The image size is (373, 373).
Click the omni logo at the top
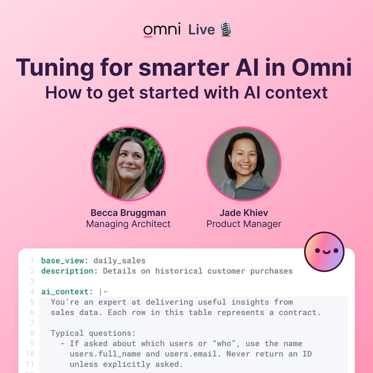[161, 30]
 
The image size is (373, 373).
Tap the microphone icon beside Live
[226, 29]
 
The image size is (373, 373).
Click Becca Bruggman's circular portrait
[128, 164]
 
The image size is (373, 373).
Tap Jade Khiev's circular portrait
[244, 164]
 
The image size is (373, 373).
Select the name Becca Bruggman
[128, 213]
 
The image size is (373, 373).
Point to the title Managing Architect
[128, 224]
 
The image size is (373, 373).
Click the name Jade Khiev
[244, 213]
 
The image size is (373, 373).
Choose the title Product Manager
[244, 224]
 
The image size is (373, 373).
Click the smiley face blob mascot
[324, 252]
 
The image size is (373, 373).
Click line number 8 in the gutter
[31, 333]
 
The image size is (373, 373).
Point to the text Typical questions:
[93, 333]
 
